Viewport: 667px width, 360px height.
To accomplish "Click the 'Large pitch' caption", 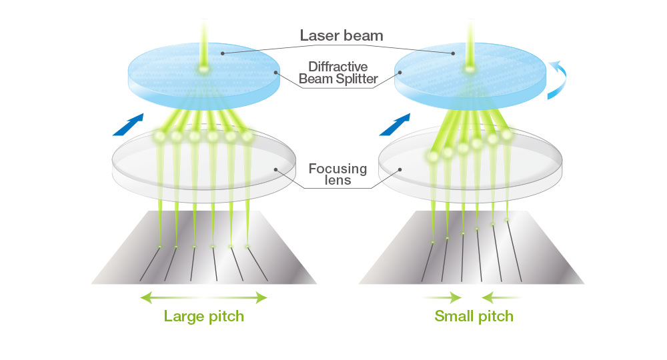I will [204, 316].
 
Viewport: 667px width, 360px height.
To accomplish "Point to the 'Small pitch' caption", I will [474, 316].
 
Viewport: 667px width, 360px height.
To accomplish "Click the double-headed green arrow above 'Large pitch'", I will [204, 297].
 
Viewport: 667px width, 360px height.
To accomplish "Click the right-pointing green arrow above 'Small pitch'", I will [442, 297].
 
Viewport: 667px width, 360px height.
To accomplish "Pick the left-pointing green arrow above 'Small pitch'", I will [502, 297].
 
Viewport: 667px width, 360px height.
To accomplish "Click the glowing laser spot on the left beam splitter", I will [201, 69].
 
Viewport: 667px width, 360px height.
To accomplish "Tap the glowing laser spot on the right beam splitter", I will [469, 69].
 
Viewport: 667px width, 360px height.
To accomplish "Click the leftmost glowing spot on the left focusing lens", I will [160, 137].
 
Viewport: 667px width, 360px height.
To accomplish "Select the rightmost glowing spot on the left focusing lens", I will [248, 137].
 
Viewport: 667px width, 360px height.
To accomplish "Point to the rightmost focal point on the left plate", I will [248, 247].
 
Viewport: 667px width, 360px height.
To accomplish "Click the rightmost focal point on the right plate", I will [507, 219].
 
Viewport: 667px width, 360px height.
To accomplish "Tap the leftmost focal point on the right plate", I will [433, 242].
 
